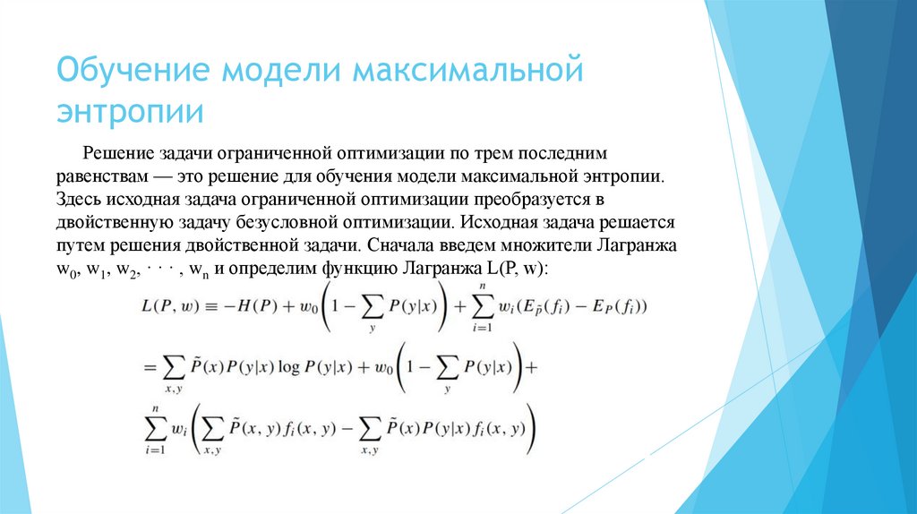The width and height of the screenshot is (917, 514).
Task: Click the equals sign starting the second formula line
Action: (x=148, y=367)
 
